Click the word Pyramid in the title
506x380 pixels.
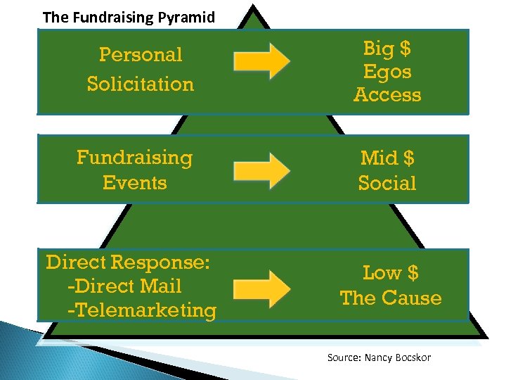tap(188, 17)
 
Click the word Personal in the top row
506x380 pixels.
tap(141, 54)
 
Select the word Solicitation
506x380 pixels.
tap(141, 84)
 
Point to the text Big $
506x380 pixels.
tap(387, 49)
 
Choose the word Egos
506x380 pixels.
tap(387, 71)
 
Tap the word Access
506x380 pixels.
tap(387, 94)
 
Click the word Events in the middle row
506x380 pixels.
tap(134, 182)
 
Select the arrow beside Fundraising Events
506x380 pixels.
tap(261, 169)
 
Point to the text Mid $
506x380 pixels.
tap(387, 157)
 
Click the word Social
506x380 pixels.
tap(387, 182)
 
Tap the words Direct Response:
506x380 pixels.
tap(128, 262)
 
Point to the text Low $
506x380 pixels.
tap(391, 272)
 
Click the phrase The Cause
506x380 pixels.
tap(391, 298)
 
